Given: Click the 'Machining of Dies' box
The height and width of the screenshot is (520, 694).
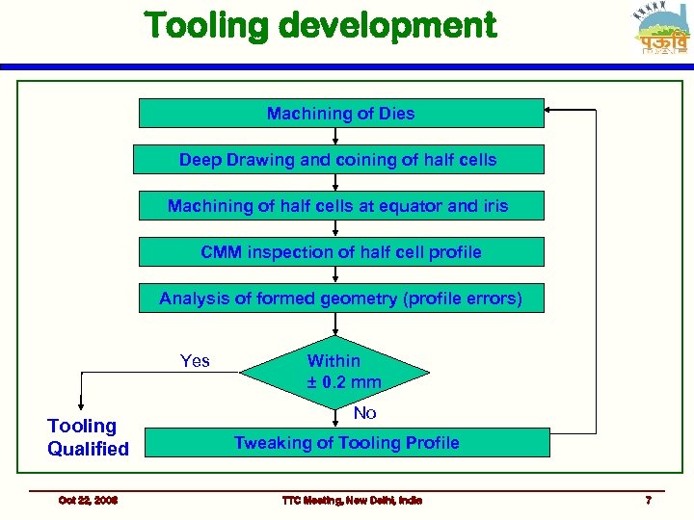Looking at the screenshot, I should click(x=341, y=114).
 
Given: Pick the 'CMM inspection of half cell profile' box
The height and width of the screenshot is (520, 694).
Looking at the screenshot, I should click(x=341, y=252).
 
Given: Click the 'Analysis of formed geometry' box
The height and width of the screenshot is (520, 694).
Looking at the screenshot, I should click(x=341, y=299).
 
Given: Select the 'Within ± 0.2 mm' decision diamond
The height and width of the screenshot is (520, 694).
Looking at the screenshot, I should click(x=334, y=372).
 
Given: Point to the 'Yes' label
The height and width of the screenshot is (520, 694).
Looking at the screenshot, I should click(x=195, y=361).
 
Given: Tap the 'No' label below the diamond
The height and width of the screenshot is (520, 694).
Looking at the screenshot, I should click(x=364, y=413).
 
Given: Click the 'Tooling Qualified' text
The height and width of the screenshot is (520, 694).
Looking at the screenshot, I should click(x=88, y=437).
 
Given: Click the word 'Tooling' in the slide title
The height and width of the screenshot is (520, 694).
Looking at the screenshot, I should click(x=203, y=26).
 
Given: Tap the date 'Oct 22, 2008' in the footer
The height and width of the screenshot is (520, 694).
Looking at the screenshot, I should click(x=88, y=500).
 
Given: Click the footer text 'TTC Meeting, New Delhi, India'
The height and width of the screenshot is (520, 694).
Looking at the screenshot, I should click(x=351, y=500).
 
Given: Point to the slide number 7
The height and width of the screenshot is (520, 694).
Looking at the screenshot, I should click(x=648, y=500).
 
